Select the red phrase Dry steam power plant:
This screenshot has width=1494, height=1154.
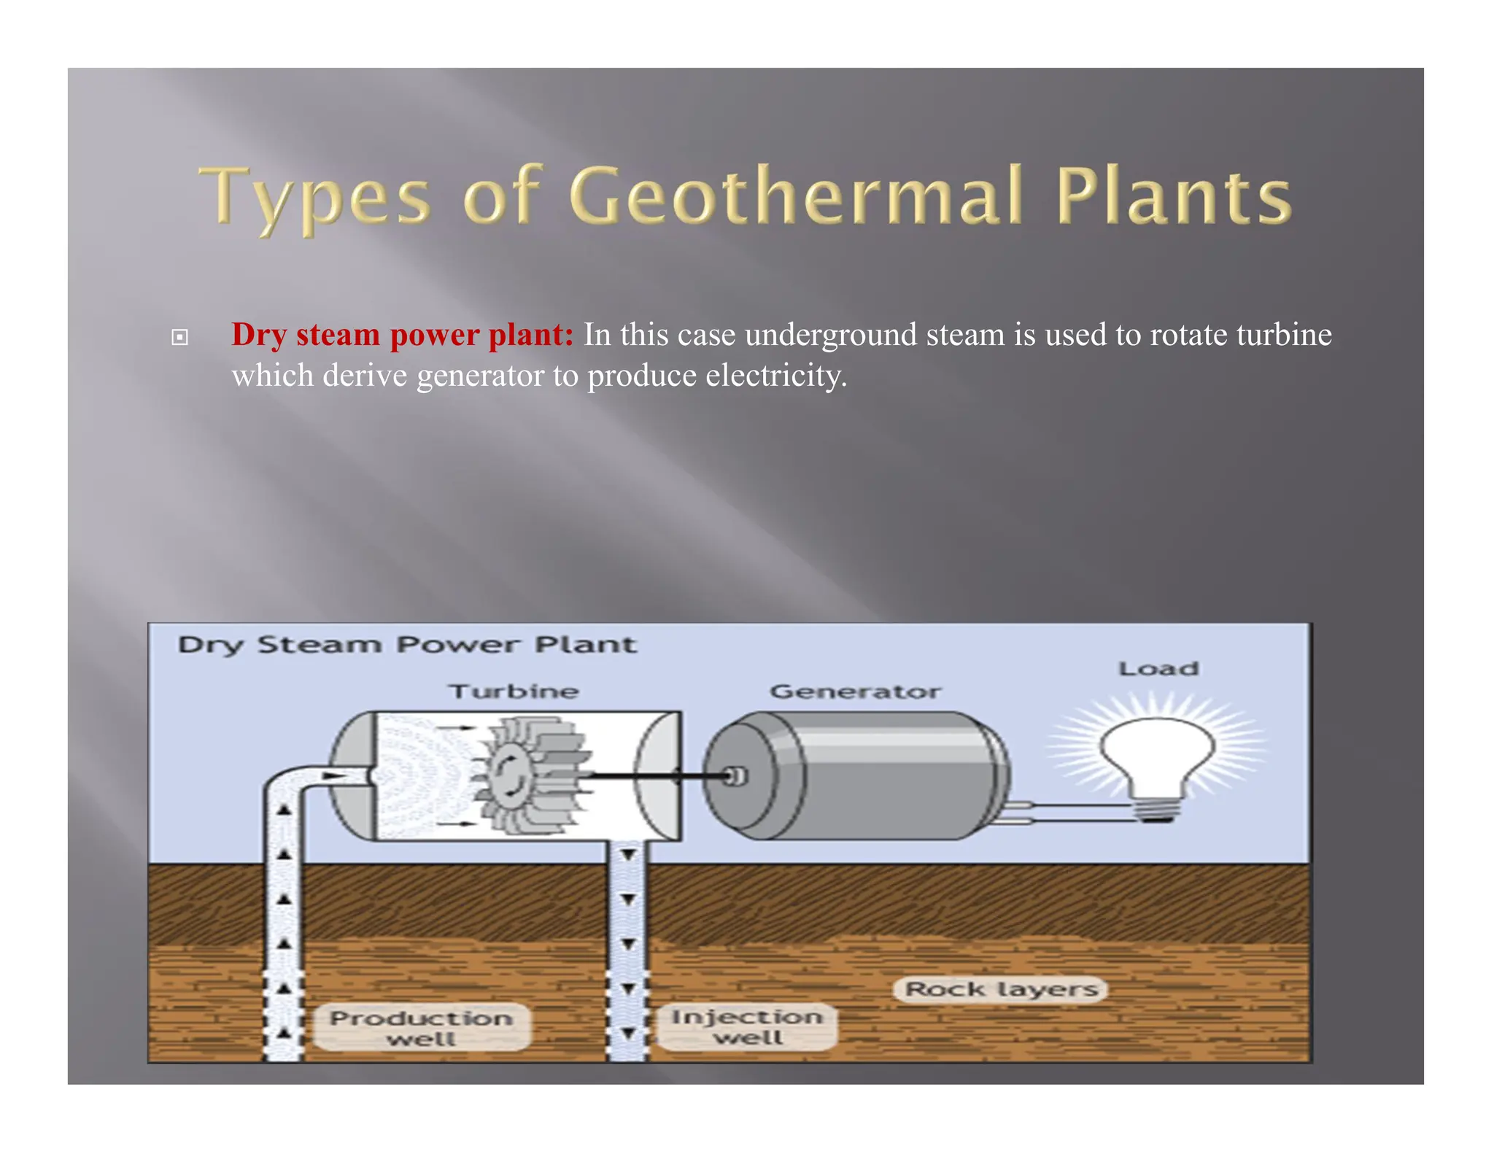(x=402, y=335)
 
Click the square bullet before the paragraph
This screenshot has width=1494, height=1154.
(x=179, y=337)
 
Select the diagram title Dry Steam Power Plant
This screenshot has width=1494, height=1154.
(x=407, y=645)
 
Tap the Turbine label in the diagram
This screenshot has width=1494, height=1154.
(x=514, y=691)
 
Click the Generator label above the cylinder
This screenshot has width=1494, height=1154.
(x=855, y=691)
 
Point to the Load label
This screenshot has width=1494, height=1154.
(x=1158, y=668)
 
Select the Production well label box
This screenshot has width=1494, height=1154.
(x=421, y=1027)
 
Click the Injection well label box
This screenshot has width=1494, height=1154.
(x=746, y=1026)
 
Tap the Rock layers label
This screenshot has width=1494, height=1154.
(x=1001, y=989)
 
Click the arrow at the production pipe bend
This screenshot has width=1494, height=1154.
(x=333, y=775)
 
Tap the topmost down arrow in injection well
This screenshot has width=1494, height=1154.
(x=627, y=854)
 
